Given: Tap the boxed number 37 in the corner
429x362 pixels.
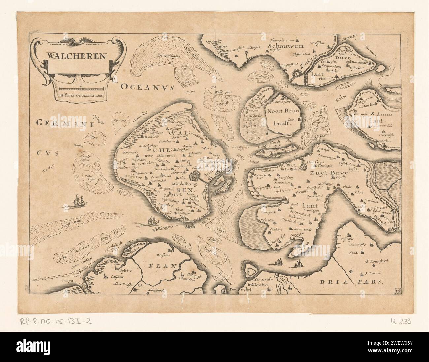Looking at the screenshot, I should [x=398, y=290].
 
